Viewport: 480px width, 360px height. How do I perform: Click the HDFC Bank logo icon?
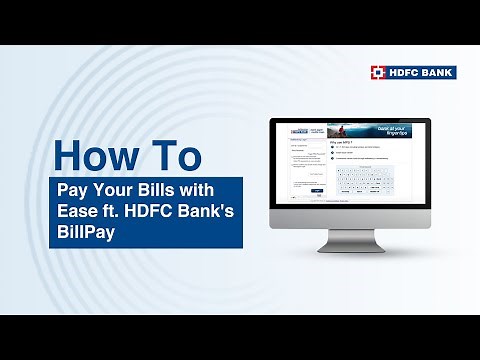point(378,73)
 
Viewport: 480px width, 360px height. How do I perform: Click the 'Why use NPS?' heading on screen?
point(343,142)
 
